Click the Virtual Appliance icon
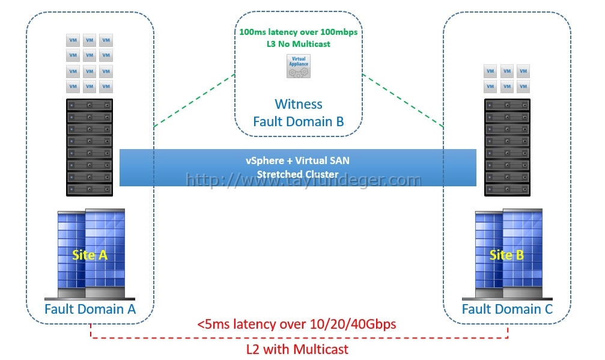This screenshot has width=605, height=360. [x=298, y=66]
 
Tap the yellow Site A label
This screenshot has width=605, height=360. [x=90, y=255]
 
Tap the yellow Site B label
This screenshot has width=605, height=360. [x=506, y=255]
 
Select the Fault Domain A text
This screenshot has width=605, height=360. [x=90, y=309]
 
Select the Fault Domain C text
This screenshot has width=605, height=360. [x=507, y=309]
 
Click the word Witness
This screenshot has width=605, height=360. [x=298, y=104]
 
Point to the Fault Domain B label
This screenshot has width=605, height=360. [x=298, y=121]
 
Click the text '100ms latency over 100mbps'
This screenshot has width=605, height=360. [x=298, y=32]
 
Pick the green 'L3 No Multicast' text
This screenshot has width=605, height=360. [x=298, y=44]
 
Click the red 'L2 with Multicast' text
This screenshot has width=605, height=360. [x=297, y=349]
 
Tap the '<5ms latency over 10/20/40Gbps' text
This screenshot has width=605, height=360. [x=296, y=324]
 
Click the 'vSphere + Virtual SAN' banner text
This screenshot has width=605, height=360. [x=297, y=160]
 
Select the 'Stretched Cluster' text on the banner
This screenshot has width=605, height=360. [x=297, y=174]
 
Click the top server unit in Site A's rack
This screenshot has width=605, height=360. [x=90, y=105]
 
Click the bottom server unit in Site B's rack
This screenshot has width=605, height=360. [x=507, y=189]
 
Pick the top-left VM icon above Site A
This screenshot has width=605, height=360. [x=73, y=40]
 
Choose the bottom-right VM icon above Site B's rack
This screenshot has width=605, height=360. [x=523, y=86]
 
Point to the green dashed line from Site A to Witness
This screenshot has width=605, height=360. [x=195, y=100]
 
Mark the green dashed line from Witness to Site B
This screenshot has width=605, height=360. [x=403, y=100]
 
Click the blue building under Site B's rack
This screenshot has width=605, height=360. [x=507, y=254]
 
